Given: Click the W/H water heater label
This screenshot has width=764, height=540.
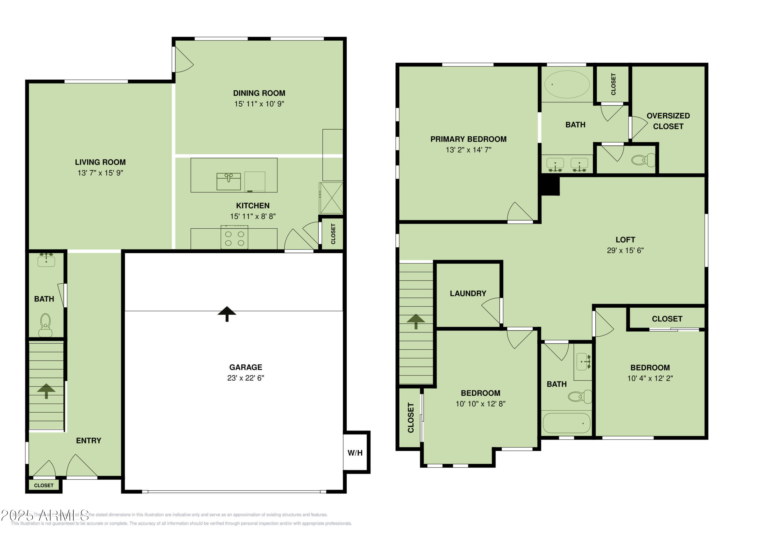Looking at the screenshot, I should click(355, 453).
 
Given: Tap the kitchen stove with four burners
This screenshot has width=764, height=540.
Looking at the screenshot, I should click(234, 238).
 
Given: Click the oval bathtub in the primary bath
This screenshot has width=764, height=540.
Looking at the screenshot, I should click(567, 84).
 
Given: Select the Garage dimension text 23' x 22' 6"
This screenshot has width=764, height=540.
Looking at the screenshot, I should click(245, 378).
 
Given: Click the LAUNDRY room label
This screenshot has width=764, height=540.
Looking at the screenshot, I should click(468, 294).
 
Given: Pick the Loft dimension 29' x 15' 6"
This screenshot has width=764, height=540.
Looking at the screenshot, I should click(625, 251).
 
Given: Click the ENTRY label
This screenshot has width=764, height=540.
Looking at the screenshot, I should click(89, 440).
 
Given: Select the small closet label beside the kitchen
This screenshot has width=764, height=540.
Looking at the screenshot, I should click(333, 233).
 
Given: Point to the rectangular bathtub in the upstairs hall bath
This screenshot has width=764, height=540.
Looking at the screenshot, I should click(566, 423).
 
